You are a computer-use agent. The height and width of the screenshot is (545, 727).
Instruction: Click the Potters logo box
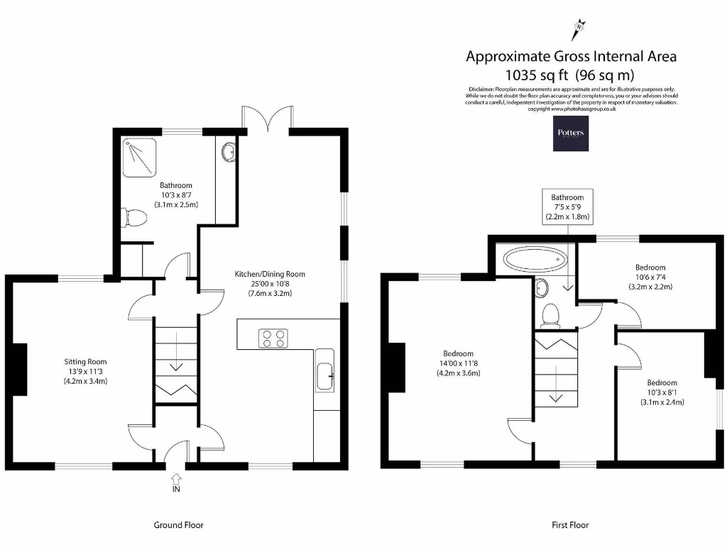coord(571,133)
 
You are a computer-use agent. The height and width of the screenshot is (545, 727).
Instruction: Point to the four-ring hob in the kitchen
coord(275,338)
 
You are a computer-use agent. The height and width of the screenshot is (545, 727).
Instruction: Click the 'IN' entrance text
coord(175,489)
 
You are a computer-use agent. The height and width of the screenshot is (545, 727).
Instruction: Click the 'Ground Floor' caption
coord(178,525)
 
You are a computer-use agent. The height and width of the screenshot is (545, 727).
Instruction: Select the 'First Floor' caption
coord(570,525)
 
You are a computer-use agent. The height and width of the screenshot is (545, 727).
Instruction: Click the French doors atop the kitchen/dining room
coord(267,119)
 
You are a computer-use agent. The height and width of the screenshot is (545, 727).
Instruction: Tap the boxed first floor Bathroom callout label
coord(567,207)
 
